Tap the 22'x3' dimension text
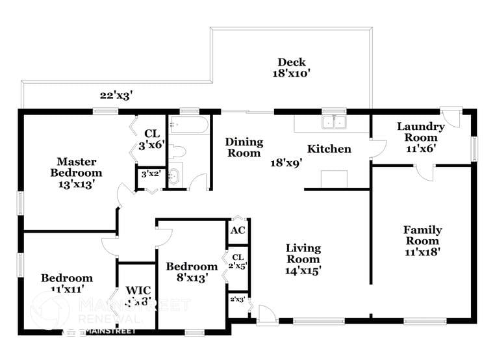click(x=116, y=95)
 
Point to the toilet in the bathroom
click(x=177, y=152)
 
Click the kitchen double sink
click(x=335, y=121)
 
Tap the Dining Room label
click(x=244, y=148)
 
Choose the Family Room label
click(x=422, y=240)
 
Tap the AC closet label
click(x=238, y=230)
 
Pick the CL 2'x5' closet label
click(x=238, y=261)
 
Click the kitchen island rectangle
click(x=335, y=177)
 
